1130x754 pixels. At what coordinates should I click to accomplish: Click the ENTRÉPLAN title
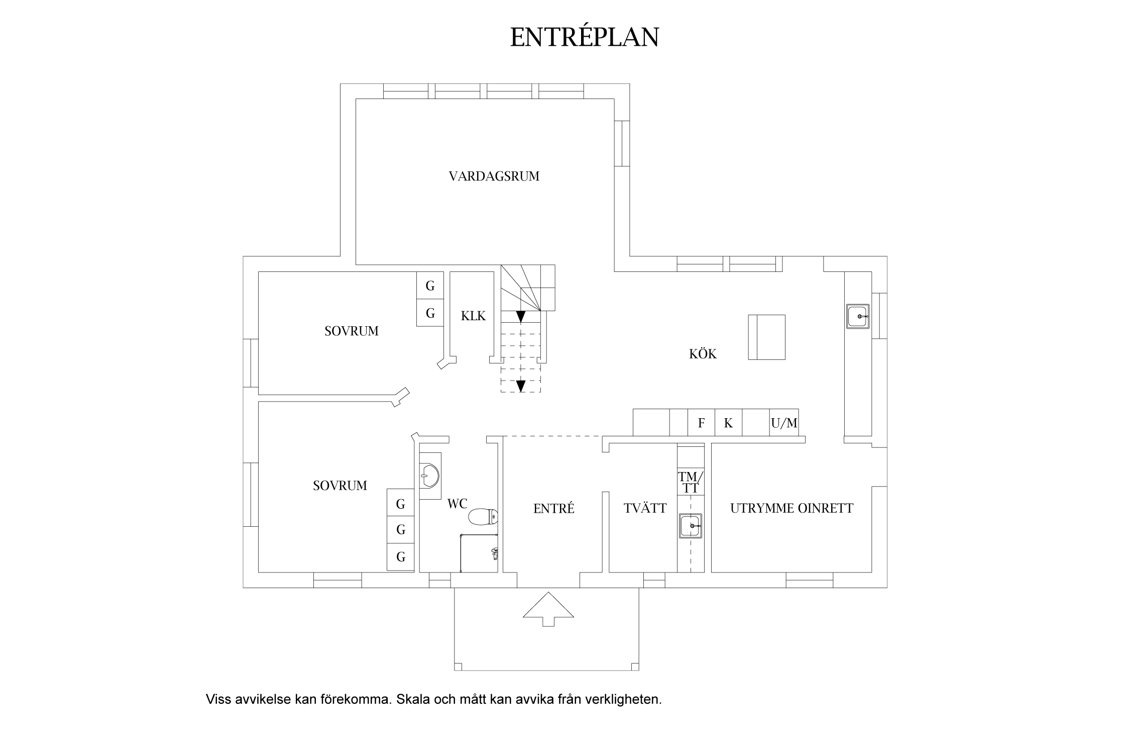tap(584, 37)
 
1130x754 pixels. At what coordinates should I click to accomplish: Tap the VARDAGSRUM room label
tap(494, 176)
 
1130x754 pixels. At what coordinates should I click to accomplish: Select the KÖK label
tap(703, 354)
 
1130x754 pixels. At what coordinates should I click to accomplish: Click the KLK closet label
tap(473, 316)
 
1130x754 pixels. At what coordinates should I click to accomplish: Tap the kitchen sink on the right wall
tap(858, 317)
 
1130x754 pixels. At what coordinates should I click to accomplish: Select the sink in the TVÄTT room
tap(691, 526)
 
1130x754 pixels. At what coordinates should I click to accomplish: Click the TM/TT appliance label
tap(691, 482)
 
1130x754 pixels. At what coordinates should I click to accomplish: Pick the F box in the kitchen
tap(701, 423)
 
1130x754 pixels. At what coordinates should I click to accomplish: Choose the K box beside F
tap(728, 423)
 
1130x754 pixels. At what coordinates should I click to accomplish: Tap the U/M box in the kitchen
tap(784, 423)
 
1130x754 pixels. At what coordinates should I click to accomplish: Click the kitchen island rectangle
tap(766, 337)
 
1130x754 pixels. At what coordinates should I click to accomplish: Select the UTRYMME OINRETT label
tap(792, 508)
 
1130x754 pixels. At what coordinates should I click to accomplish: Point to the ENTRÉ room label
tap(553, 509)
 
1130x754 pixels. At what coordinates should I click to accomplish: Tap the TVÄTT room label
tap(645, 508)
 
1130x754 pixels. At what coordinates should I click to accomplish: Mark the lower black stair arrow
tap(521, 386)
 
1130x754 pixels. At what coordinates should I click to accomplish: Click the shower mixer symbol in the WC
tap(495, 553)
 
